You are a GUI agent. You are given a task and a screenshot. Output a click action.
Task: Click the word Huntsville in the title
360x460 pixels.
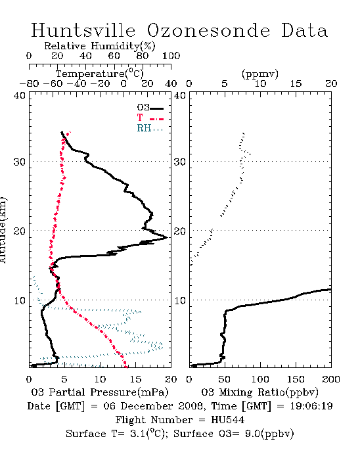click(x=83, y=30)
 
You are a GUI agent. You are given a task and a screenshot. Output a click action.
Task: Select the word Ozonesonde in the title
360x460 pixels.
click(x=208, y=30)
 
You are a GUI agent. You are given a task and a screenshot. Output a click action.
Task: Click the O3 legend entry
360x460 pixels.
click(x=150, y=108)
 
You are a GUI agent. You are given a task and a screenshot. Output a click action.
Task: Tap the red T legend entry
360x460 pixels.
click(x=150, y=118)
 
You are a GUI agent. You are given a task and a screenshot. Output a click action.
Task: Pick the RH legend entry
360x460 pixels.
click(x=150, y=128)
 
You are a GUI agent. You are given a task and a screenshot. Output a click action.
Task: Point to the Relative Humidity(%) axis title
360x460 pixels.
click(x=100, y=46)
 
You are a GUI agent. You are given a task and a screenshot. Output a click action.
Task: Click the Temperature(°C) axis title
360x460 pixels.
click(x=100, y=74)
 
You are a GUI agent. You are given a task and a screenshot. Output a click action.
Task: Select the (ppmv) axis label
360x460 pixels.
click(x=259, y=74)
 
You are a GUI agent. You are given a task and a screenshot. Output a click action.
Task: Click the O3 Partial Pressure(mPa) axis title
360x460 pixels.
click(x=100, y=392)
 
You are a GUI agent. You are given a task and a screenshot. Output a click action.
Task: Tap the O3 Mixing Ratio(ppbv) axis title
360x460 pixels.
click(x=259, y=392)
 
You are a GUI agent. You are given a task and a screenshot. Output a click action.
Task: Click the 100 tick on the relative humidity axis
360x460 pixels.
click(x=171, y=56)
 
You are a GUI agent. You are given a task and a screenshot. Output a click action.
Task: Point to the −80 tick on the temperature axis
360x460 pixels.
click(x=29, y=84)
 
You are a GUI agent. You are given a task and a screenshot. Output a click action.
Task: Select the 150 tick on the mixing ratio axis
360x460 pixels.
click(x=296, y=379)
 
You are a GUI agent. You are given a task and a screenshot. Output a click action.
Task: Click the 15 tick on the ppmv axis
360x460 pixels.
click(x=296, y=84)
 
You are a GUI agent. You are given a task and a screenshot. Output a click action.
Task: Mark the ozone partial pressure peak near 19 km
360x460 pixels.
click(x=167, y=237)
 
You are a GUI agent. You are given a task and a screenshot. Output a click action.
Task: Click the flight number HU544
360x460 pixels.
click(x=228, y=420)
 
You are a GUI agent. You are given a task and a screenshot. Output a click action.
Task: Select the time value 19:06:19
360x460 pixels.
click(x=311, y=406)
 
